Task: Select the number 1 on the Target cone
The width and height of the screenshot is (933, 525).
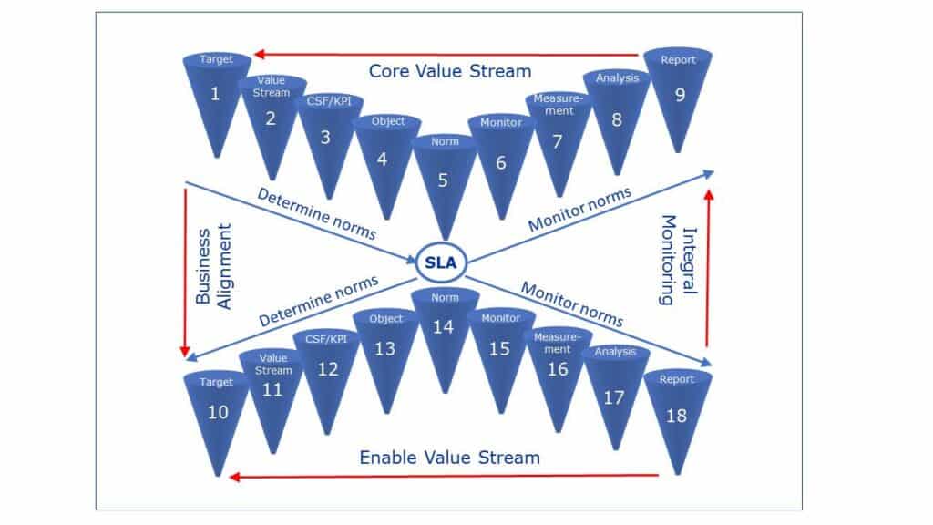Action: tap(215, 93)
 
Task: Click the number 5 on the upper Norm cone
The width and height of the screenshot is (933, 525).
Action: tap(443, 180)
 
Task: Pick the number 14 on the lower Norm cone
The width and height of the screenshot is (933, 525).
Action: tap(443, 328)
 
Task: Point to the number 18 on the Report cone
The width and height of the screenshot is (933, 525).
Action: tap(678, 415)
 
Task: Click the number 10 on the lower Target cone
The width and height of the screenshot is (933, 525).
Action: tap(218, 412)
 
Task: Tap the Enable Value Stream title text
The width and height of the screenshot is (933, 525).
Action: tap(449, 456)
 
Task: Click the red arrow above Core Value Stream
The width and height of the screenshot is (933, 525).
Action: tap(446, 52)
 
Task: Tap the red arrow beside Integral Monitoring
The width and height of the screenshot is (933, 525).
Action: tap(708, 269)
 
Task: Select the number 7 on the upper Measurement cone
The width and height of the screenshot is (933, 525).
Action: tap(559, 141)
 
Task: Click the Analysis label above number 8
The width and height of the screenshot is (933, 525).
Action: tap(617, 78)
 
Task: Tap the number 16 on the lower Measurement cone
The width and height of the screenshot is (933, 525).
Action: tap(558, 369)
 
